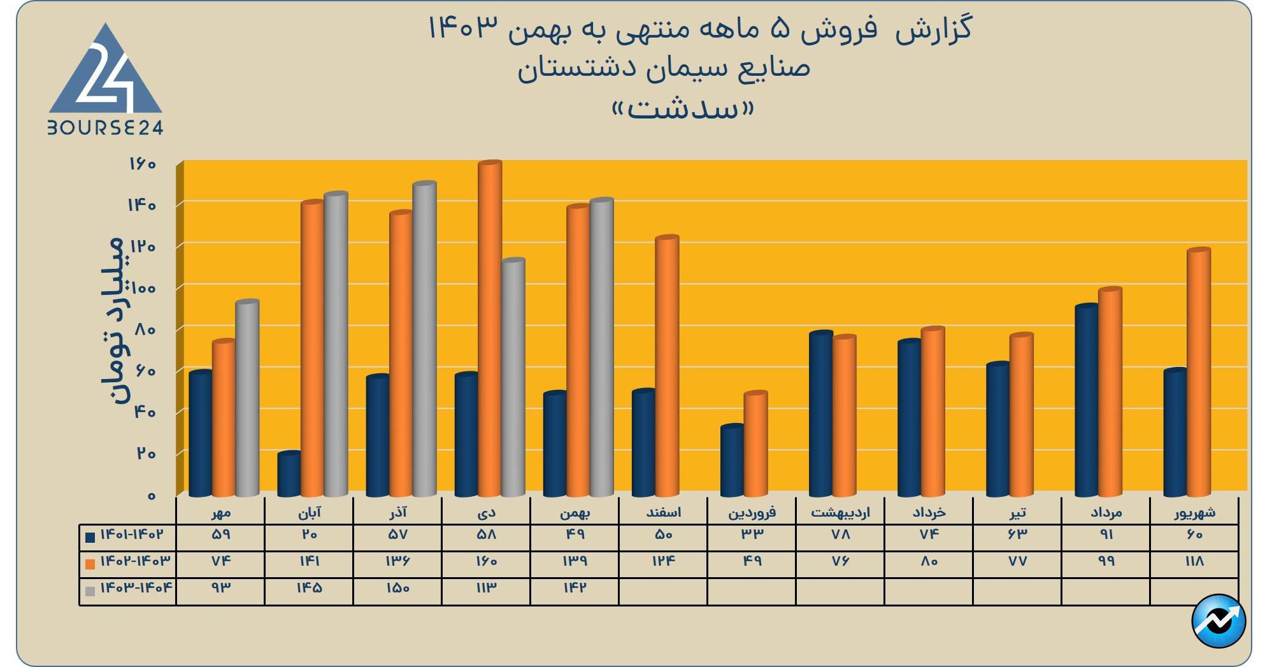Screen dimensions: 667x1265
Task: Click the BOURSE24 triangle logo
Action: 106,80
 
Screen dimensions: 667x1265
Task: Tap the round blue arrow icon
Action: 1219,620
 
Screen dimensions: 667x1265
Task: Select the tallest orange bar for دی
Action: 490,328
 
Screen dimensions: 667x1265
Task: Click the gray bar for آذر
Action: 424,338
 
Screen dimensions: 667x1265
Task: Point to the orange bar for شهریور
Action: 1199,373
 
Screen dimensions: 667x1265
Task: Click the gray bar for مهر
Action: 247,398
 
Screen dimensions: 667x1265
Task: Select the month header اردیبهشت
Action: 840,512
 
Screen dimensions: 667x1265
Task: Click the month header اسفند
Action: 663,512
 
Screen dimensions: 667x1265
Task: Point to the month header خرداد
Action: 929,512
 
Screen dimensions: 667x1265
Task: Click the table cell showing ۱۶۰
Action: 486,561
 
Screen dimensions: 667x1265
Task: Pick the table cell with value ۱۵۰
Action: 397,588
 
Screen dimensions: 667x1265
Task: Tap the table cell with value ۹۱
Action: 1106,534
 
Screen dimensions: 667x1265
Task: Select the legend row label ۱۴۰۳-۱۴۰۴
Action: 135,587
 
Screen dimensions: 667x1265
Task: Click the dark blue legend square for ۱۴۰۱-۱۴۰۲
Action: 90,537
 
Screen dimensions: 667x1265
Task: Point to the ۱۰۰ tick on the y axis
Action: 143,288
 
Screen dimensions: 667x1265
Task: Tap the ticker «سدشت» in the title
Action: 683,110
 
